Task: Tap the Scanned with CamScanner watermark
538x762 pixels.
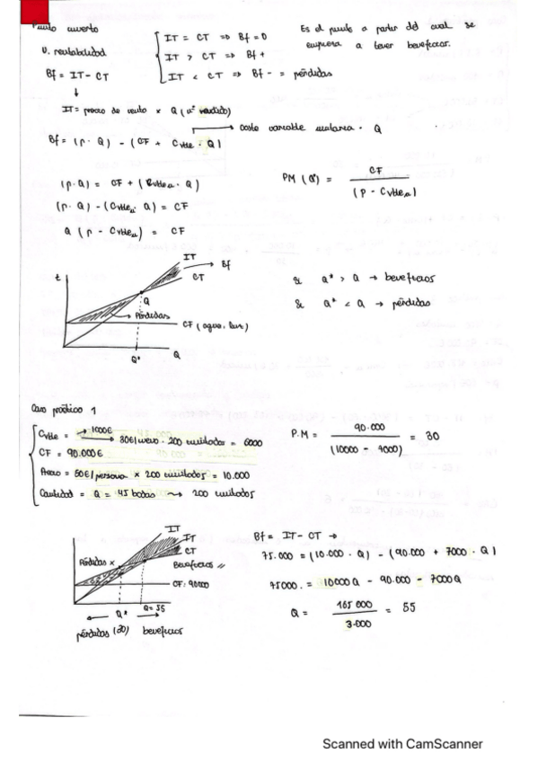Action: [402, 743]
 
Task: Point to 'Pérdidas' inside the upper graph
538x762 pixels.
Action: [154, 315]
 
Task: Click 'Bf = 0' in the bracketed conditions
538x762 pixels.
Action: [251, 37]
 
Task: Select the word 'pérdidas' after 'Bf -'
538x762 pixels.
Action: [313, 77]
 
